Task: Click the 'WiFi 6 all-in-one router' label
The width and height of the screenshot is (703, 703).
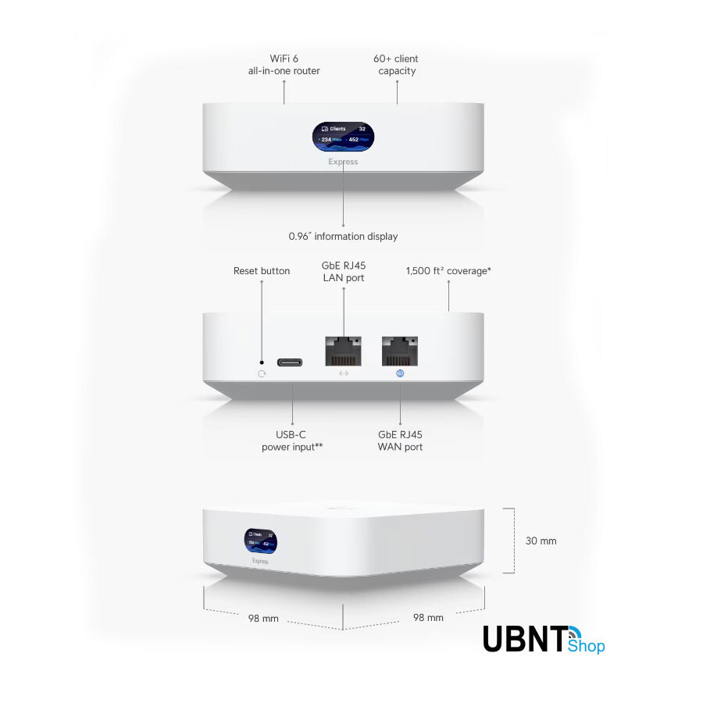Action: pyautogui.click(x=284, y=65)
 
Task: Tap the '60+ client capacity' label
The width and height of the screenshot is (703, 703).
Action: pyautogui.click(x=396, y=65)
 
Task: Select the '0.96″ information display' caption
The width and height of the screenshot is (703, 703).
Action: pyautogui.click(x=343, y=237)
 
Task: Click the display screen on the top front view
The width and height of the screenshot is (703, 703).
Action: pyautogui.click(x=343, y=136)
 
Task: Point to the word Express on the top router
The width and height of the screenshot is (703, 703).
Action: pyautogui.click(x=343, y=162)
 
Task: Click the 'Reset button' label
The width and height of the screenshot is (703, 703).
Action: pyautogui.click(x=262, y=271)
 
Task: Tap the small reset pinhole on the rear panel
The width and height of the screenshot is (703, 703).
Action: pyautogui.click(x=262, y=362)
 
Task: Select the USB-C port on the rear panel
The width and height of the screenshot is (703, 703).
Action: pyautogui.click(x=292, y=362)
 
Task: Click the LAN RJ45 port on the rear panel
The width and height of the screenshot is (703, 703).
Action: pyautogui.click(x=344, y=351)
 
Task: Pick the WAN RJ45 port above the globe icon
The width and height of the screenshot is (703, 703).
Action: pyautogui.click(x=401, y=351)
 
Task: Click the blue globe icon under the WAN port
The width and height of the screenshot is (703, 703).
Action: pyautogui.click(x=401, y=373)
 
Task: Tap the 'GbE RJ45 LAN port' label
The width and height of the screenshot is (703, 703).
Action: pyautogui.click(x=344, y=272)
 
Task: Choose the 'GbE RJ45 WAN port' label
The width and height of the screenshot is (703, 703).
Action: pyautogui.click(x=401, y=441)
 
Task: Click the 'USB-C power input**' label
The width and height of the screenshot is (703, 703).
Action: pyautogui.click(x=292, y=441)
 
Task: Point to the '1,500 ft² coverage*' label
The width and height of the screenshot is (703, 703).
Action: pyautogui.click(x=448, y=271)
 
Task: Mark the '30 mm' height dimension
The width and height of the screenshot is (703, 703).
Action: pyautogui.click(x=541, y=541)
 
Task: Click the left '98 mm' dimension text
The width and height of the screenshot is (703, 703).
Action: pyautogui.click(x=263, y=619)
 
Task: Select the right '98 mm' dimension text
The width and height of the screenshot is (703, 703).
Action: pyautogui.click(x=428, y=618)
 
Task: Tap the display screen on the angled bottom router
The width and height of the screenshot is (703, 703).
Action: pyautogui.click(x=260, y=541)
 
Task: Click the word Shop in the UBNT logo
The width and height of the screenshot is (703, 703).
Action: pyautogui.click(x=587, y=646)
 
